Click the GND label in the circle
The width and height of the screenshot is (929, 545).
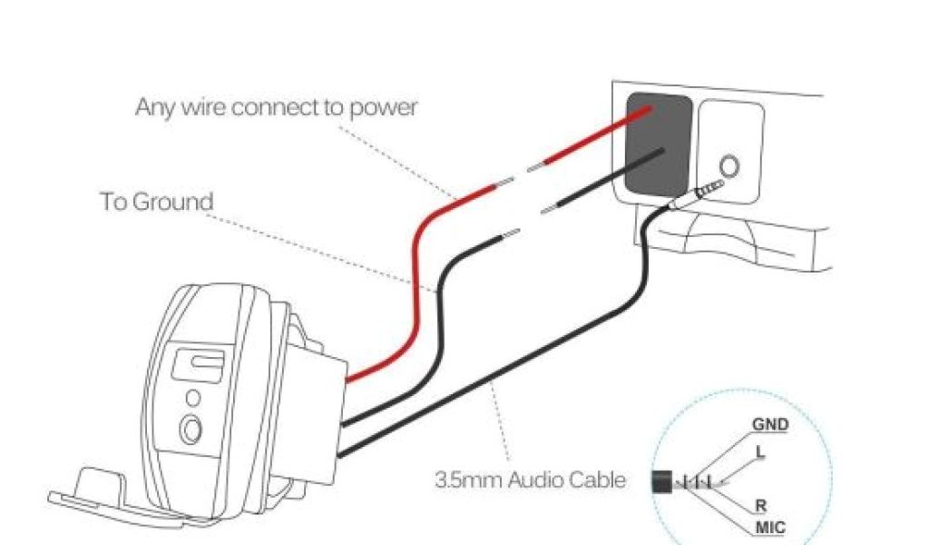[769, 424]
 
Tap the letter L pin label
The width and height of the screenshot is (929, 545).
[758, 449]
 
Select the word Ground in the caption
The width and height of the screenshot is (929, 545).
[172, 202]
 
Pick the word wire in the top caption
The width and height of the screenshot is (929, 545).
[201, 107]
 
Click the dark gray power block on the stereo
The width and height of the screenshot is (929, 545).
[659, 145]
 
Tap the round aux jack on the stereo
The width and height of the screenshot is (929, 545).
[727, 166]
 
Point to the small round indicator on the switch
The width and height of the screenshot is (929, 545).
[192, 397]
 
